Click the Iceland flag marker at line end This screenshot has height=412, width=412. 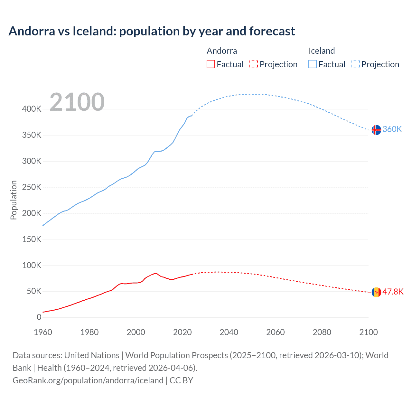tap(376, 130)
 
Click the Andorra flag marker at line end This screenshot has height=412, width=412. tap(376, 292)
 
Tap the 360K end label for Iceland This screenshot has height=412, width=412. tap(392, 129)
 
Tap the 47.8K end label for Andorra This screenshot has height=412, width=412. tap(393, 292)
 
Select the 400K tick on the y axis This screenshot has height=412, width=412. tap(32, 109)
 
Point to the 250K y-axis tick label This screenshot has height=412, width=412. tap(32, 187)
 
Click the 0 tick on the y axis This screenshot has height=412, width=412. tap(39, 317)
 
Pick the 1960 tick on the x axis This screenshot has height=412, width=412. tap(43, 332)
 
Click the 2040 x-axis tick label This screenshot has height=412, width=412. tap(229, 332)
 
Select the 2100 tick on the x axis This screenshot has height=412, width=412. tap(368, 332)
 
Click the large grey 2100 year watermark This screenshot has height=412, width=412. tap(77, 102)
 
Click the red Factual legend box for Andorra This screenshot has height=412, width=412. tap(211, 64)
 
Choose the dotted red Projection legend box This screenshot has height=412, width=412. tap(254, 64)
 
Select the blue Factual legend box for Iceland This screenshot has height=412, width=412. tap(313, 64)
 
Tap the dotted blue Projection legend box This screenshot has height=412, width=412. tap(355, 64)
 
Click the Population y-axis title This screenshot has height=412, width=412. tap(14, 200)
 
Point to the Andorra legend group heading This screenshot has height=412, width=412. tap(222, 51)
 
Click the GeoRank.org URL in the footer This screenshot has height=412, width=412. tap(88, 380)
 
